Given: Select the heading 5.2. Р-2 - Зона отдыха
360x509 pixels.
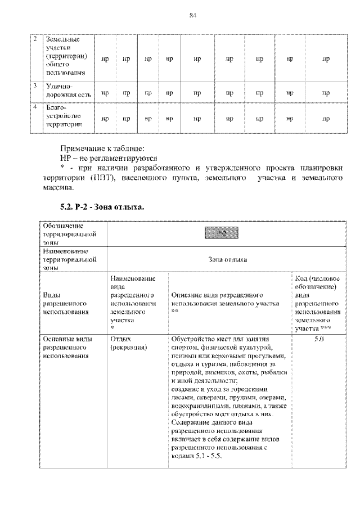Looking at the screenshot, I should click(102, 207).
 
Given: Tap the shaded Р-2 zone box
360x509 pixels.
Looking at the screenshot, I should click(221, 232).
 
